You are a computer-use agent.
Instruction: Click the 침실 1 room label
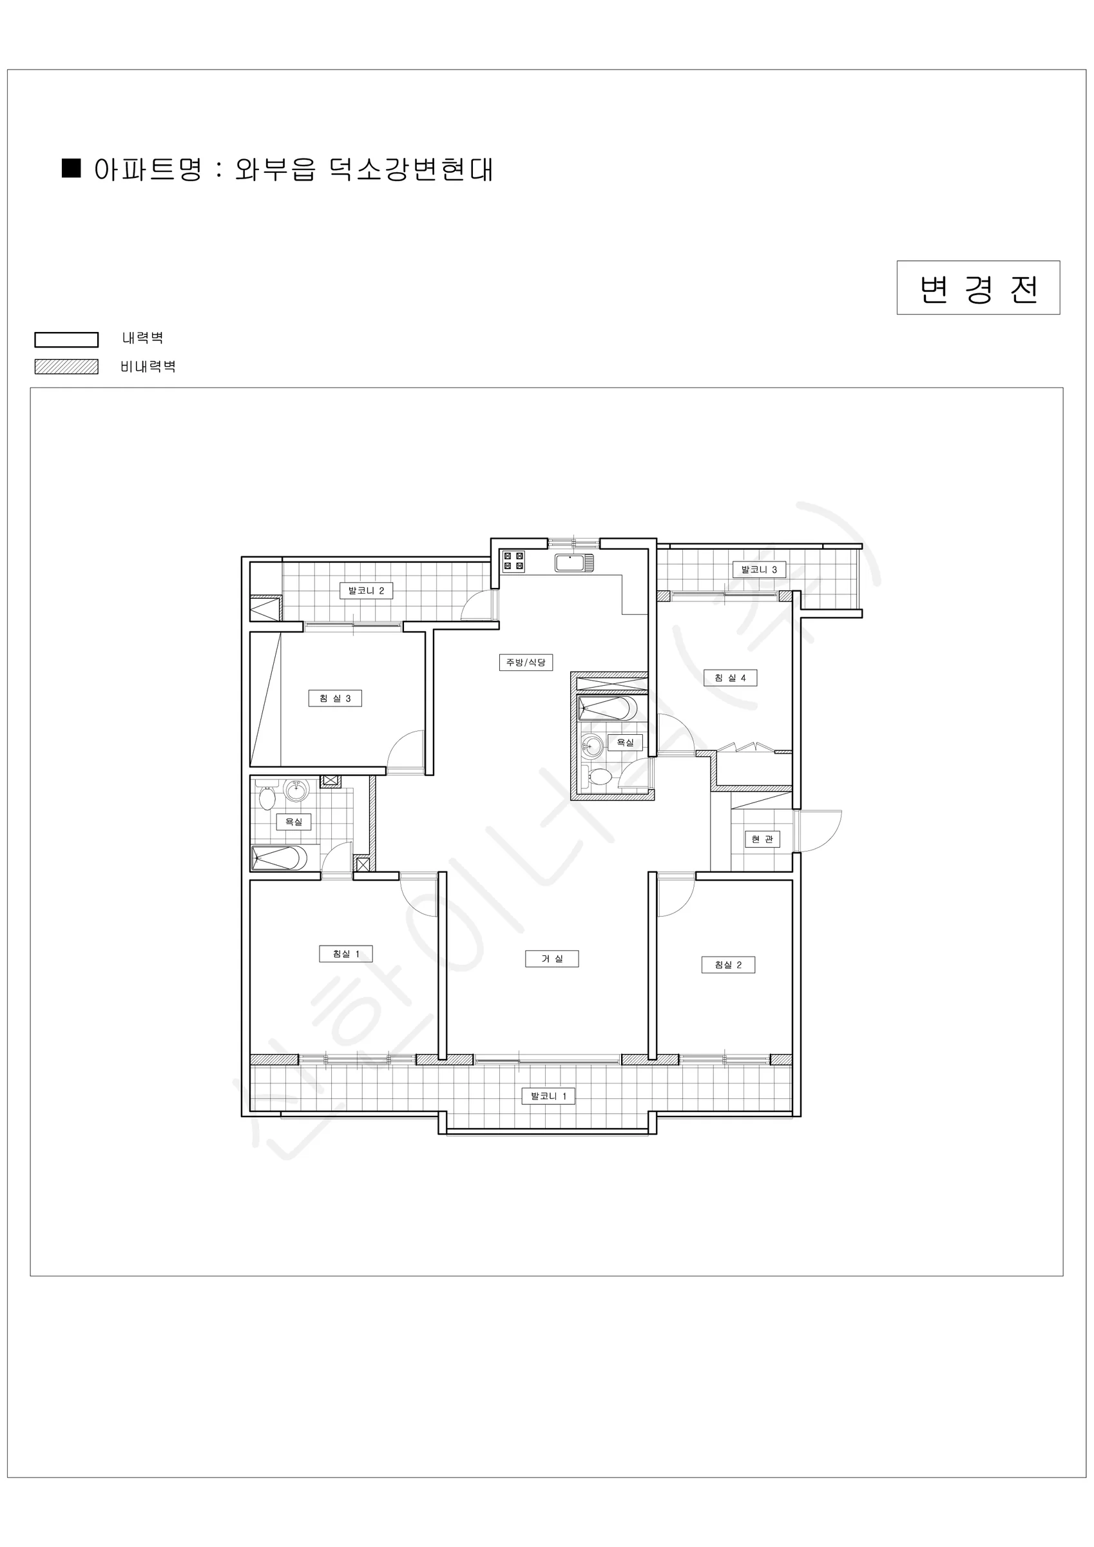(x=345, y=953)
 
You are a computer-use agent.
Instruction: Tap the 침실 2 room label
(x=727, y=965)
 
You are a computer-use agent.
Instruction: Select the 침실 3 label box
(x=335, y=698)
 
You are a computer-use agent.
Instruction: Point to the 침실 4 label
(x=730, y=678)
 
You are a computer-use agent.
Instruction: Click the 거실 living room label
(x=552, y=958)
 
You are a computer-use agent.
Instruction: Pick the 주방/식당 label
(x=526, y=663)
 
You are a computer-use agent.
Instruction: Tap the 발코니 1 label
(x=548, y=1096)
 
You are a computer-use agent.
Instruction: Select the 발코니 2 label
(x=366, y=591)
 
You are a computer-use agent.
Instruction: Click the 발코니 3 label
(x=759, y=569)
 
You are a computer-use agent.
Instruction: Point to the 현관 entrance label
(x=762, y=839)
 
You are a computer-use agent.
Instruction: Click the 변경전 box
(x=978, y=287)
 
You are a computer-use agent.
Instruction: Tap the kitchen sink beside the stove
(x=574, y=563)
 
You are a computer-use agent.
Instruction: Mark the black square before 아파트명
(x=71, y=168)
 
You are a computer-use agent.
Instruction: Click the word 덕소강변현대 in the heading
(x=412, y=170)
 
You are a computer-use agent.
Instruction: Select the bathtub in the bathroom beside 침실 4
(x=608, y=709)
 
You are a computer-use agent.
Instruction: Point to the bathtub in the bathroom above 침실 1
(x=280, y=858)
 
